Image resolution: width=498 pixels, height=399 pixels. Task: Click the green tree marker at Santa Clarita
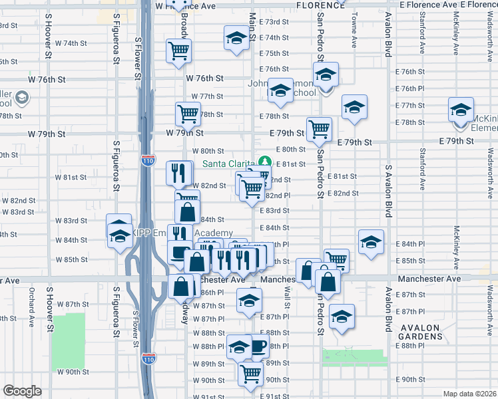[x=266, y=162]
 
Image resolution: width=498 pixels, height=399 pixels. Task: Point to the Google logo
[x=22, y=391]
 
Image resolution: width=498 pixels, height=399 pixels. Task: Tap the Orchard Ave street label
[x=31, y=307]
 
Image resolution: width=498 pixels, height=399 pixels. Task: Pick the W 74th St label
[x=71, y=43]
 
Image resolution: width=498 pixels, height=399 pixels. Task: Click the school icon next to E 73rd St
[x=236, y=39]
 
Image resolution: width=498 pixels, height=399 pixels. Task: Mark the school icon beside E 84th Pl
[x=371, y=242]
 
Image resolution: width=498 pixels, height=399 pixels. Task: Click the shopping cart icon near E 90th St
[x=250, y=374]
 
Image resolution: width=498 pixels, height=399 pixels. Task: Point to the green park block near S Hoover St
[x=69, y=334]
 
